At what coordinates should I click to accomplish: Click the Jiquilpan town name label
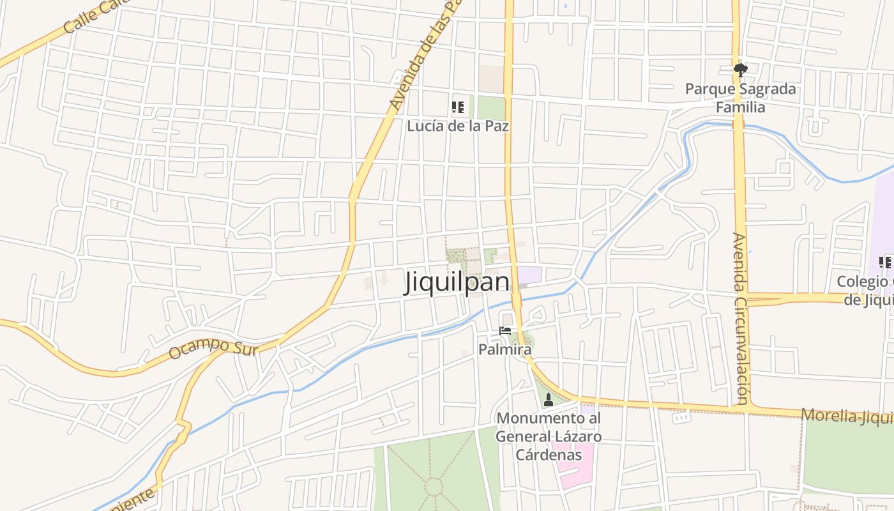(x=457, y=282)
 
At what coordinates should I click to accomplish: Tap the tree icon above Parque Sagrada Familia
(x=740, y=70)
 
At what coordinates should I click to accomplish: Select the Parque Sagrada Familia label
(x=741, y=98)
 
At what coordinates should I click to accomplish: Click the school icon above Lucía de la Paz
(x=457, y=107)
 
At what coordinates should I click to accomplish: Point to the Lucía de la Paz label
(x=458, y=126)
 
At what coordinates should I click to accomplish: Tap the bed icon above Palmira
(x=505, y=331)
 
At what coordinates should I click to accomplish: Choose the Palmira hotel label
(x=504, y=349)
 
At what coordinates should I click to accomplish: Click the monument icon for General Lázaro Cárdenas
(x=548, y=400)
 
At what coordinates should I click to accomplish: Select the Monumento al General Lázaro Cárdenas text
(x=549, y=437)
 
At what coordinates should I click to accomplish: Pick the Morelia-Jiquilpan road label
(x=847, y=416)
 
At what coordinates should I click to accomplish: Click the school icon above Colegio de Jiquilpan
(x=884, y=262)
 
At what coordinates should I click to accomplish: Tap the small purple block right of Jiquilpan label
(x=529, y=275)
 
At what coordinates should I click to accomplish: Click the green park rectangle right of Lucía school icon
(x=490, y=108)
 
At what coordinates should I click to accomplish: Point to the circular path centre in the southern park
(x=434, y=487)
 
